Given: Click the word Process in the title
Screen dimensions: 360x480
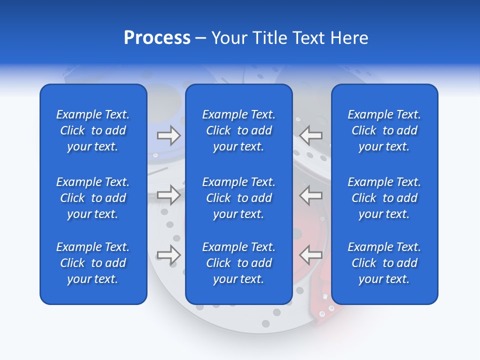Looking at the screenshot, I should coord(157,38).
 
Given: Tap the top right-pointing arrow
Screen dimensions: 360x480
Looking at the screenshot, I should coord(168,135).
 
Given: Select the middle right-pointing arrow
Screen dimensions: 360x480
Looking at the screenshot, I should coord(168,195).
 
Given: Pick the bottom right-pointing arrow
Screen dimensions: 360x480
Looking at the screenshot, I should coord(168,255).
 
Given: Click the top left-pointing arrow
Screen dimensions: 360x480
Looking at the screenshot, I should coord(311,135).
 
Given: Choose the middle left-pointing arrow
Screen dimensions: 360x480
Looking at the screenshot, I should coord(311,195).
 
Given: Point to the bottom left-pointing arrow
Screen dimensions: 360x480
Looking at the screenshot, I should coord(311,255).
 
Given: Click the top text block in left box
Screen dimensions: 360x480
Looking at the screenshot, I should coord(93,130).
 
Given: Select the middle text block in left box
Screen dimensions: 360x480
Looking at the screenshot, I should coord(93,198).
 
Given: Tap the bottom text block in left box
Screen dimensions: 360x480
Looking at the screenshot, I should coord(93,263).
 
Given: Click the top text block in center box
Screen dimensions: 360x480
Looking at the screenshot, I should coord(238,130).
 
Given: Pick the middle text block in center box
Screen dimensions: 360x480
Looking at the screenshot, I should coord(238,198).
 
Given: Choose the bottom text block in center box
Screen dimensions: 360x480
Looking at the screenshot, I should coord(238,263).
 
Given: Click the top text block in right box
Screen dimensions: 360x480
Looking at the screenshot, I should coord(384,130).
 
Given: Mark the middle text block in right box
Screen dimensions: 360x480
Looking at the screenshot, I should coord(384,198).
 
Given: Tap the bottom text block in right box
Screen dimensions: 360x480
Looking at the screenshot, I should coord(384,263).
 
